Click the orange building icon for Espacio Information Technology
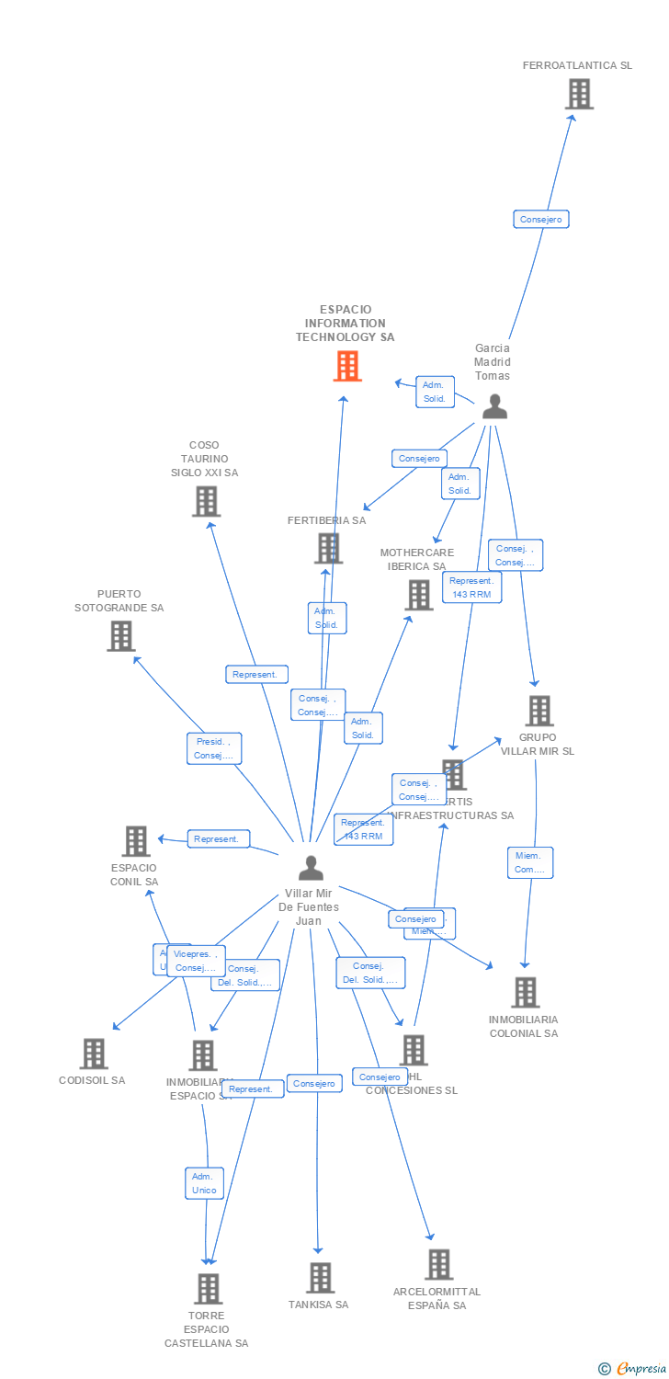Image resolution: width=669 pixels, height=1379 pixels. tap(346, 366)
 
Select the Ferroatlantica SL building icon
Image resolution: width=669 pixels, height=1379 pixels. tap(579, 94)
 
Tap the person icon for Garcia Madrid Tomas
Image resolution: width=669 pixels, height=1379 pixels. tap(494, 406)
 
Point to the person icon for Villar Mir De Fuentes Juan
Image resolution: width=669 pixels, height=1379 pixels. tap(311, 868)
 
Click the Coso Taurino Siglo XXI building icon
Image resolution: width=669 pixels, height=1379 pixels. tap(206, 501)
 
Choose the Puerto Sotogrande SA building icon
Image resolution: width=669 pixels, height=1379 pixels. tap(120, 635)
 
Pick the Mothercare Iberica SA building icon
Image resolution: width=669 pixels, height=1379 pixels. tap(419, 595)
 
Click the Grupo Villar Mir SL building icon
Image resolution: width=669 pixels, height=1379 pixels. tap(539, 711)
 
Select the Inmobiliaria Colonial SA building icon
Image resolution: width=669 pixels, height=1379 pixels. tap(525, 992)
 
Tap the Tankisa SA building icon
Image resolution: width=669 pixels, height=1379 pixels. tap(320, 1277)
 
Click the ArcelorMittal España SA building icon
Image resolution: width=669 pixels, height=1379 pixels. tap(438, 1264)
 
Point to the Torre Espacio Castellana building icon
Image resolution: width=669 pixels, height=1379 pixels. tap(208, 1288)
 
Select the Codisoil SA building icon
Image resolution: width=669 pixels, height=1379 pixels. tap(94, 1054)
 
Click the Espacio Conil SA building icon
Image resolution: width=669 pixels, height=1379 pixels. tap(136, 840)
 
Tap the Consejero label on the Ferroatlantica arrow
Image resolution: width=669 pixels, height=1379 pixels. tap(540, 219)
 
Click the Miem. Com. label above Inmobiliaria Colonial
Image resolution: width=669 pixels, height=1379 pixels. tap(529, 862)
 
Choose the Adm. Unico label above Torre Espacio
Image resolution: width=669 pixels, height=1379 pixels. tap(204, 1183)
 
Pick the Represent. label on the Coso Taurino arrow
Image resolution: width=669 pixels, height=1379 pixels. tap(256, 674)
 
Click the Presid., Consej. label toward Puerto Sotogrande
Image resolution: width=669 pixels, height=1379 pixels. tap(213, 748)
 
